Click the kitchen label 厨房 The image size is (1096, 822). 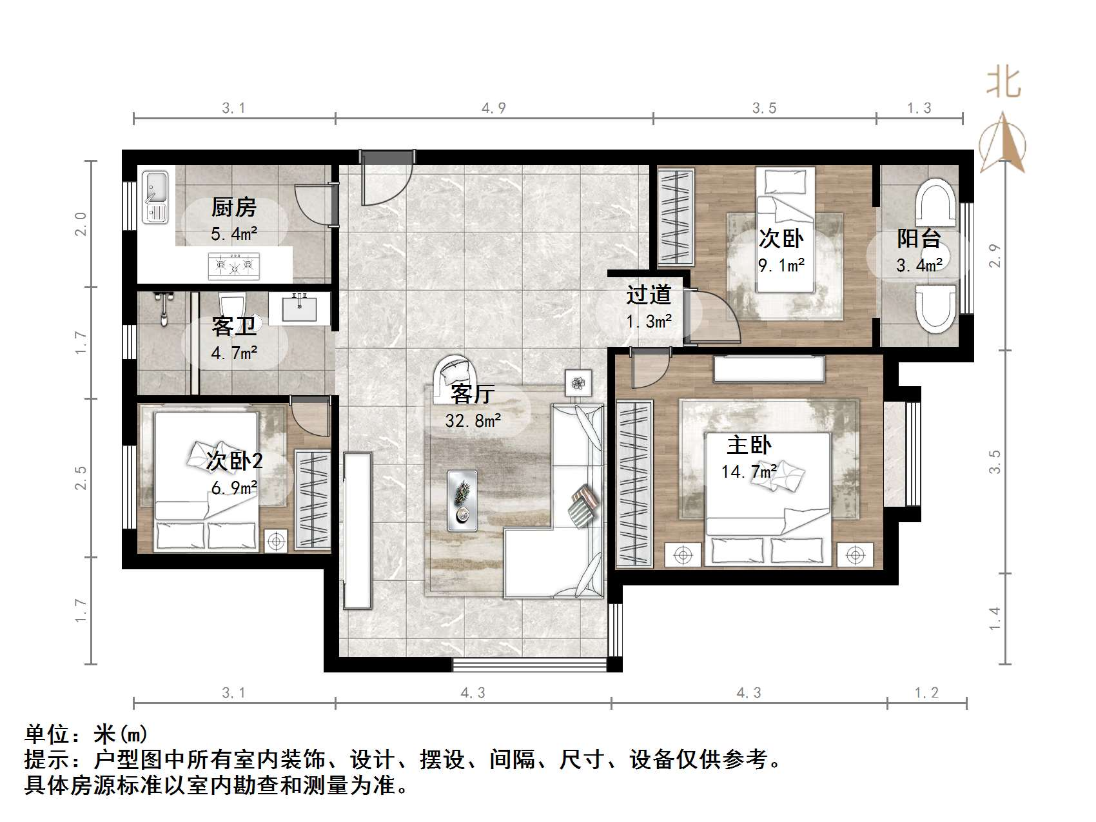(233, 208)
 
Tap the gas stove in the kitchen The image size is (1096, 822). (233, 266)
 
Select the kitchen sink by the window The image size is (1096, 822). (155, 197)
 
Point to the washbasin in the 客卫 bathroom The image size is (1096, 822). (299, 308)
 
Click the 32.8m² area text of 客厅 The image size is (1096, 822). (473, 421)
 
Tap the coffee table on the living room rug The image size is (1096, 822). (462, 500)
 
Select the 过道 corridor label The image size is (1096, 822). (649, 295)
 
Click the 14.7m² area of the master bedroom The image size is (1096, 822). (749, 471)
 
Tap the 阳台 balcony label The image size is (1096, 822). (919, 239)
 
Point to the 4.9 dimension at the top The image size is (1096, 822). (494, 108)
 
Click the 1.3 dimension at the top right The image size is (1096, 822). (919, 108)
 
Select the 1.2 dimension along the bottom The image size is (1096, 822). (926, 693)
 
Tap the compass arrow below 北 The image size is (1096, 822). (1003, 143)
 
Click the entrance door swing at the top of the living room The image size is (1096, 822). (386, 181)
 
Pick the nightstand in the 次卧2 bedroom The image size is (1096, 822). (277, 541)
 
